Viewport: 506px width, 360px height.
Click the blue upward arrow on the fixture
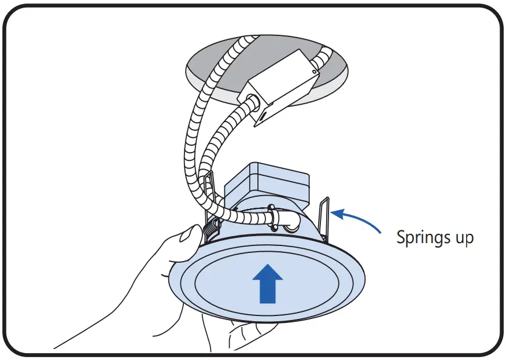coord(268,284)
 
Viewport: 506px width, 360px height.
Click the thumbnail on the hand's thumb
coord(187,235)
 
